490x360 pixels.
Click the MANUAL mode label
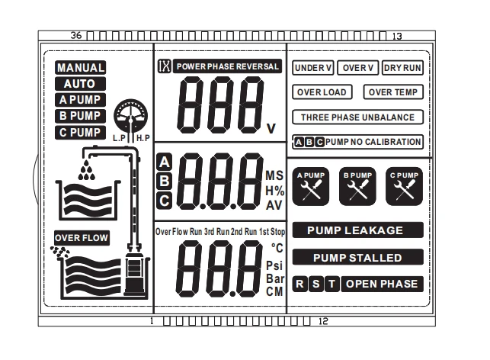pos(80,68)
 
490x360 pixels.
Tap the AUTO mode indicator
pos(80,83)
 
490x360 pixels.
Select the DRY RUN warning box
pos(402,68)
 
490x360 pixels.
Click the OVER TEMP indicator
pos(393,92)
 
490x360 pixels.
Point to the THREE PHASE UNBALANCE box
pos(358,117)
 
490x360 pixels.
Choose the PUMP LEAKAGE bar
pos(358,230)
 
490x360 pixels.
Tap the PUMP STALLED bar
pos(358,257)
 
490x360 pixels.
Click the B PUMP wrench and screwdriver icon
pos(357,186)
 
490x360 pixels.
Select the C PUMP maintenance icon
pos(404,186)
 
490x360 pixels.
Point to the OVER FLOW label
pos(82,238)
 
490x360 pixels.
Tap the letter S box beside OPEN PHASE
pos(316,284)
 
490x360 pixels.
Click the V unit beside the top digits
pos(271,128)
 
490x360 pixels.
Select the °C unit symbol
pos(277,248)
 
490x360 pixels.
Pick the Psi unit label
pos(274,265)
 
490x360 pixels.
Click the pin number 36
pos(76,35)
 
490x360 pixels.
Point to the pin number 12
pos(323,321)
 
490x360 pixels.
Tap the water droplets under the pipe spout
pos(87,170)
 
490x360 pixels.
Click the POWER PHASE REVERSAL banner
pos(227,66)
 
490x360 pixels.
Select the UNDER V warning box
pos(313,68)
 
